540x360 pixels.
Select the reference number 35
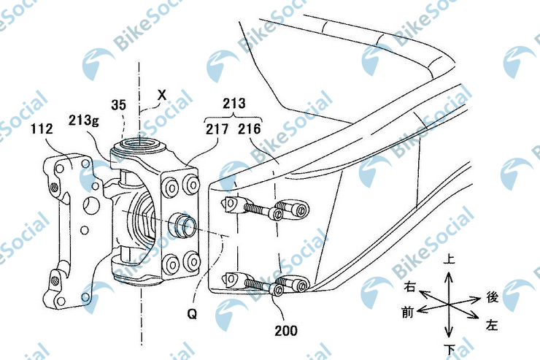pos(119,104)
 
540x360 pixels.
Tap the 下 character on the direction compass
pos(450,345)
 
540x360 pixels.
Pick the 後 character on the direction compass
pos(492,298)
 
